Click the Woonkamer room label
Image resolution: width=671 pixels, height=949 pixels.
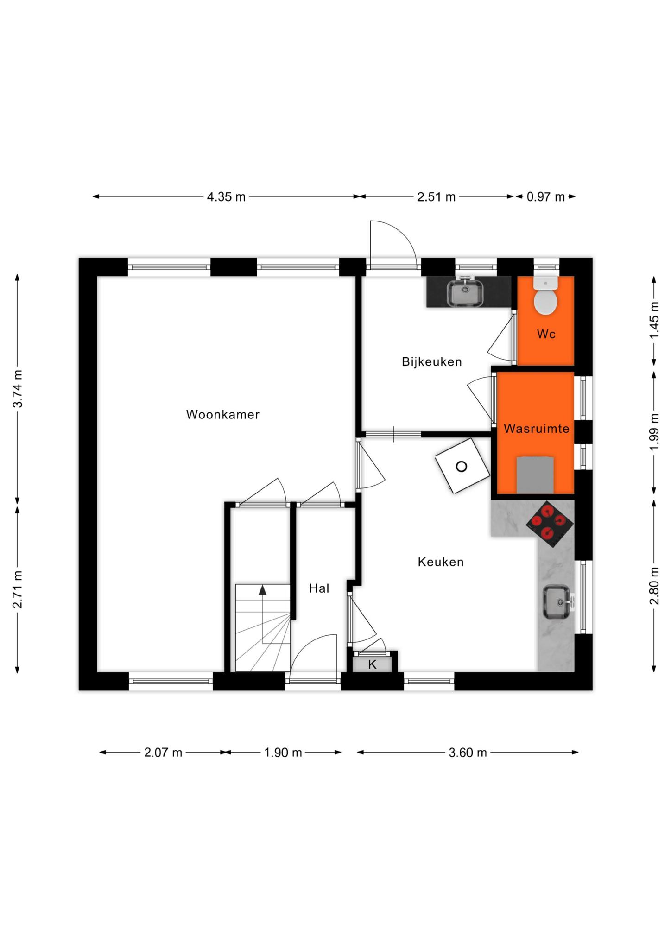(222, 414)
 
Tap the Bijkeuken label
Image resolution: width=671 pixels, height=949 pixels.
(432, 361)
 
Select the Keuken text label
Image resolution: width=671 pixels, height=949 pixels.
(441, 562)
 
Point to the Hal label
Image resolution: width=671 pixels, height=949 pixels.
(319, 588)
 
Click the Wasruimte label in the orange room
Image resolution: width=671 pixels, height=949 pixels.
(537, 429)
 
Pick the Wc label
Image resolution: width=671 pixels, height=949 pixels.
(546, 334)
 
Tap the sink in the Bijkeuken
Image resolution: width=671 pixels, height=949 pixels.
(465, 292)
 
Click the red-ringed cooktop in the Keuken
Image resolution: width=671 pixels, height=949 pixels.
(550, 524)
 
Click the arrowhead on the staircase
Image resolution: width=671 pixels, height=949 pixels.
(263, 589)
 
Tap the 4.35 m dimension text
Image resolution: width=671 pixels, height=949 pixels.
(226, 197)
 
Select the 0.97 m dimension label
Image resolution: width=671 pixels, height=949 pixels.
(546, 197)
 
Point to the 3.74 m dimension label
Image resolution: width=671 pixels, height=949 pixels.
(18, 389)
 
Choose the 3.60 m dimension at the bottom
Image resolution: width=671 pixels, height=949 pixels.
(468, 753)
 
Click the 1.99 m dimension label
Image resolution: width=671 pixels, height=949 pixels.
(654, 431)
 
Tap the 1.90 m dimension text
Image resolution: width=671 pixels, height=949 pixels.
(283, 753)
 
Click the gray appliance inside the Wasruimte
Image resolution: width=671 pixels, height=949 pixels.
(535, 474)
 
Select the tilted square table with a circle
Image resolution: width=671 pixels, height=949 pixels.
(462, 466)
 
